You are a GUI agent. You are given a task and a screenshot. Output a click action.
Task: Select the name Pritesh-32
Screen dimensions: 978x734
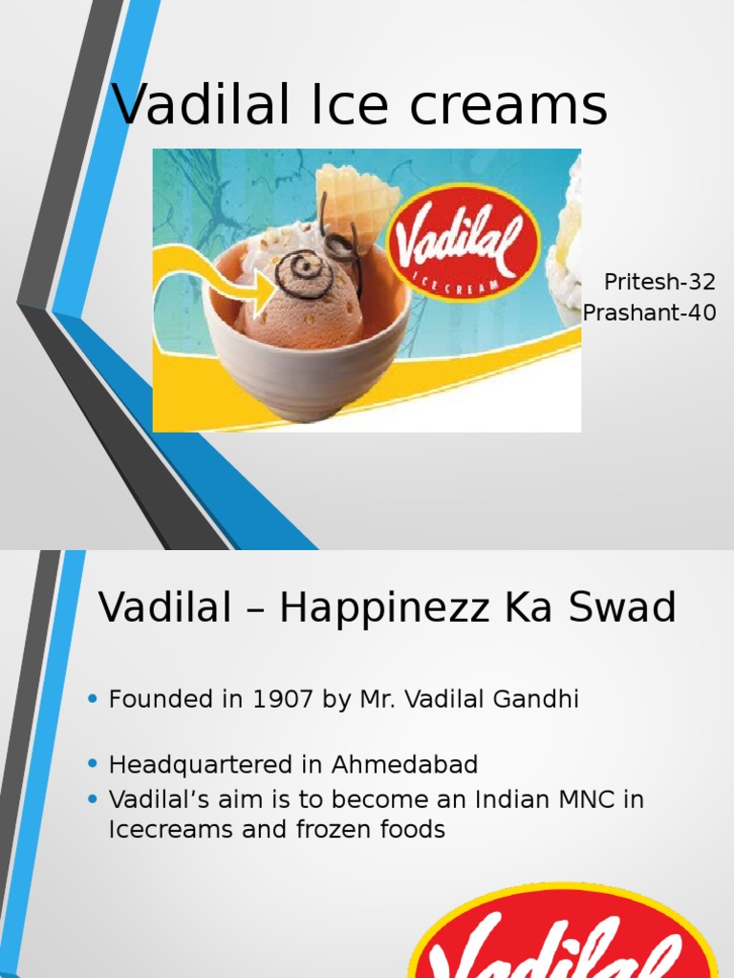(659, 283)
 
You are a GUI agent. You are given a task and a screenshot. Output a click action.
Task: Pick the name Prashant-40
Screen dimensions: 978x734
(649, 312)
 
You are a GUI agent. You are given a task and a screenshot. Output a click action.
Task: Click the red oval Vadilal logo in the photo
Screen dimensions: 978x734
(462, 239)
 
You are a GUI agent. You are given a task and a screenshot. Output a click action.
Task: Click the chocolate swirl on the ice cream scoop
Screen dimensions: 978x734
(304, 272)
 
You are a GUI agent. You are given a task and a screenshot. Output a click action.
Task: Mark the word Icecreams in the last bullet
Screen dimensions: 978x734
(171, 830)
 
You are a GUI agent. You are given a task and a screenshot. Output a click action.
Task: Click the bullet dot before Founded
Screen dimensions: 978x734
(93, 700)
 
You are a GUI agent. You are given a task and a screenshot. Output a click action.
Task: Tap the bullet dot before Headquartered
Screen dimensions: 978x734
(93, 765)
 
